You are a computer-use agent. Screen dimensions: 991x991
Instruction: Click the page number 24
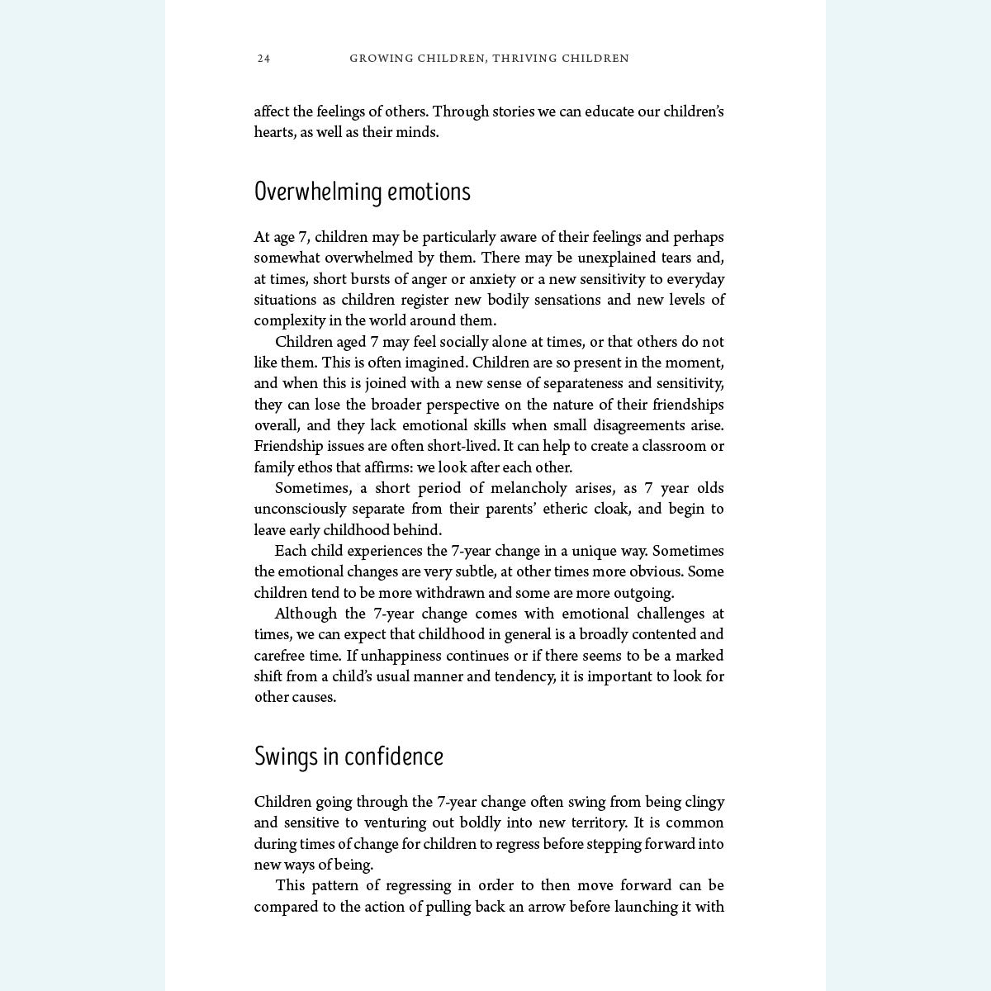pyautogui.click(x=263, y=59)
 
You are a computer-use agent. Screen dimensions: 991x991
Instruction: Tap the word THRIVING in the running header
pyautogui.click(x=524, y=59)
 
